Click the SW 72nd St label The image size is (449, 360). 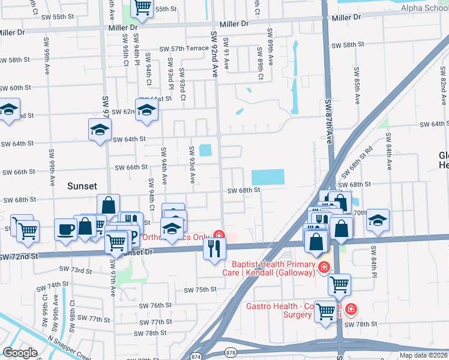click(x=19, y=256)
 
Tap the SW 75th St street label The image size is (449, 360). click(x=200, y=290)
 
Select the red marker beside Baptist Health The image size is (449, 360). click(x=324, y=266)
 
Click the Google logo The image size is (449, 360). click(x=20, y=353)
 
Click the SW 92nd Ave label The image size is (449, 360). click(x=213, y=54)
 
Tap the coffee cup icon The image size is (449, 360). click(x=65, y=229)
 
